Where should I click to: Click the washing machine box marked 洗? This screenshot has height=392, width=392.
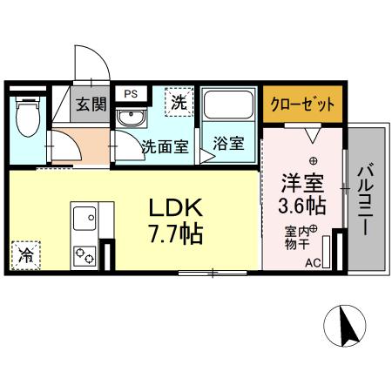pyautogui.click(x=179, y=102)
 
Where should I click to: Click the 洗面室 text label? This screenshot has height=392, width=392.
pyautogui.click(x=165, y=146)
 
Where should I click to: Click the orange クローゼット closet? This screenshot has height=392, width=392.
pyautogui.click(x=300, y=105)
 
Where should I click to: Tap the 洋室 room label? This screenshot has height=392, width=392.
pyautogui.click(x=301, y=184)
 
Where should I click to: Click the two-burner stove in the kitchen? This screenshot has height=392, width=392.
pyautogui.click(x=86, y=256)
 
